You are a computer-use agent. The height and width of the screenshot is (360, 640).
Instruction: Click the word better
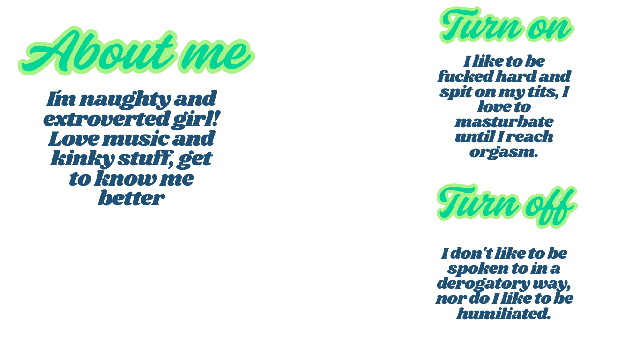click(131, 198)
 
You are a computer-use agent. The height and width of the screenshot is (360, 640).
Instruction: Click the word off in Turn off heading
click(551, 206)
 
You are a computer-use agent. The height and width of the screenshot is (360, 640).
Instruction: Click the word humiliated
click(503, 314)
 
